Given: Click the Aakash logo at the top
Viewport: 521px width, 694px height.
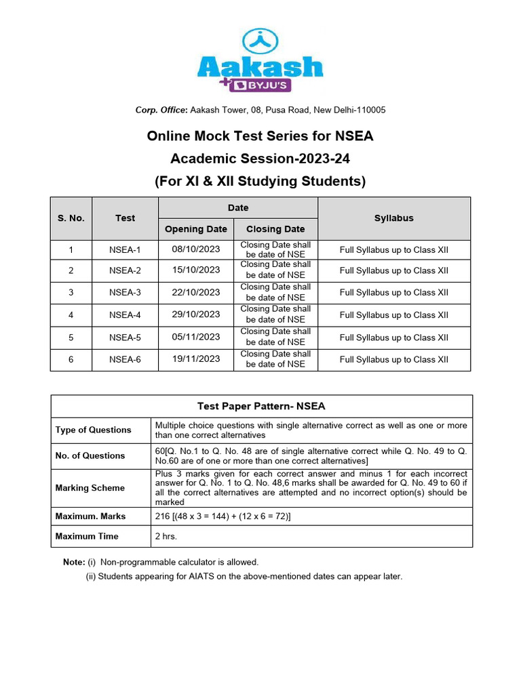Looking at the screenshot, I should pos(260,60).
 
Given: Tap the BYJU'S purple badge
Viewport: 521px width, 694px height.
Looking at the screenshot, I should pos(264,85).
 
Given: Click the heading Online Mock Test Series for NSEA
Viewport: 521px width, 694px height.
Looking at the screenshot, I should pos(260,136).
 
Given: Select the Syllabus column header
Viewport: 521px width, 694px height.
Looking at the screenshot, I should pos(393,218).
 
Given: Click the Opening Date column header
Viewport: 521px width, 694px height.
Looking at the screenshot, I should pos(196,229).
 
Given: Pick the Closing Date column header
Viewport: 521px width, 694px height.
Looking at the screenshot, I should pos(275,229).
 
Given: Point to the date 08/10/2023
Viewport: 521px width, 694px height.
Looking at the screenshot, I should pos(196,249).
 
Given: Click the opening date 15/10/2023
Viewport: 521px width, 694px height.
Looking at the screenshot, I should pos(196,270).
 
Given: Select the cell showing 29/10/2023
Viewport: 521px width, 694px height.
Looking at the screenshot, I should pos(196,314).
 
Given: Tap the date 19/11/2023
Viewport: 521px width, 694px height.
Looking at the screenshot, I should pos(196,359).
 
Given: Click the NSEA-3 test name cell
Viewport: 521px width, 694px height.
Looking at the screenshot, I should pos(125,293).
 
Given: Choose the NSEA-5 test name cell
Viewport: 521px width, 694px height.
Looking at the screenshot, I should pos(125,338).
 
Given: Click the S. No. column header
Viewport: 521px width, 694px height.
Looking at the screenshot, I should pos(71,218).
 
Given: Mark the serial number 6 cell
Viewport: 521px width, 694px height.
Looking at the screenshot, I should pos(71,360).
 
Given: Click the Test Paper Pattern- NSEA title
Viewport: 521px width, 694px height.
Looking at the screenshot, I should pos(261,407).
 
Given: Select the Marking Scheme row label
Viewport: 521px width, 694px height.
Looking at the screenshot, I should pos(90,488).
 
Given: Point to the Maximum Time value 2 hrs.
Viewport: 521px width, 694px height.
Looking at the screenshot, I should pos(167,536).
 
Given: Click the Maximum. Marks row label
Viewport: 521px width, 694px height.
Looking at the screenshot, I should pos(91,516).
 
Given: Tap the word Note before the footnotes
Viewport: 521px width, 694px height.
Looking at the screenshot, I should pos(73,563).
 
